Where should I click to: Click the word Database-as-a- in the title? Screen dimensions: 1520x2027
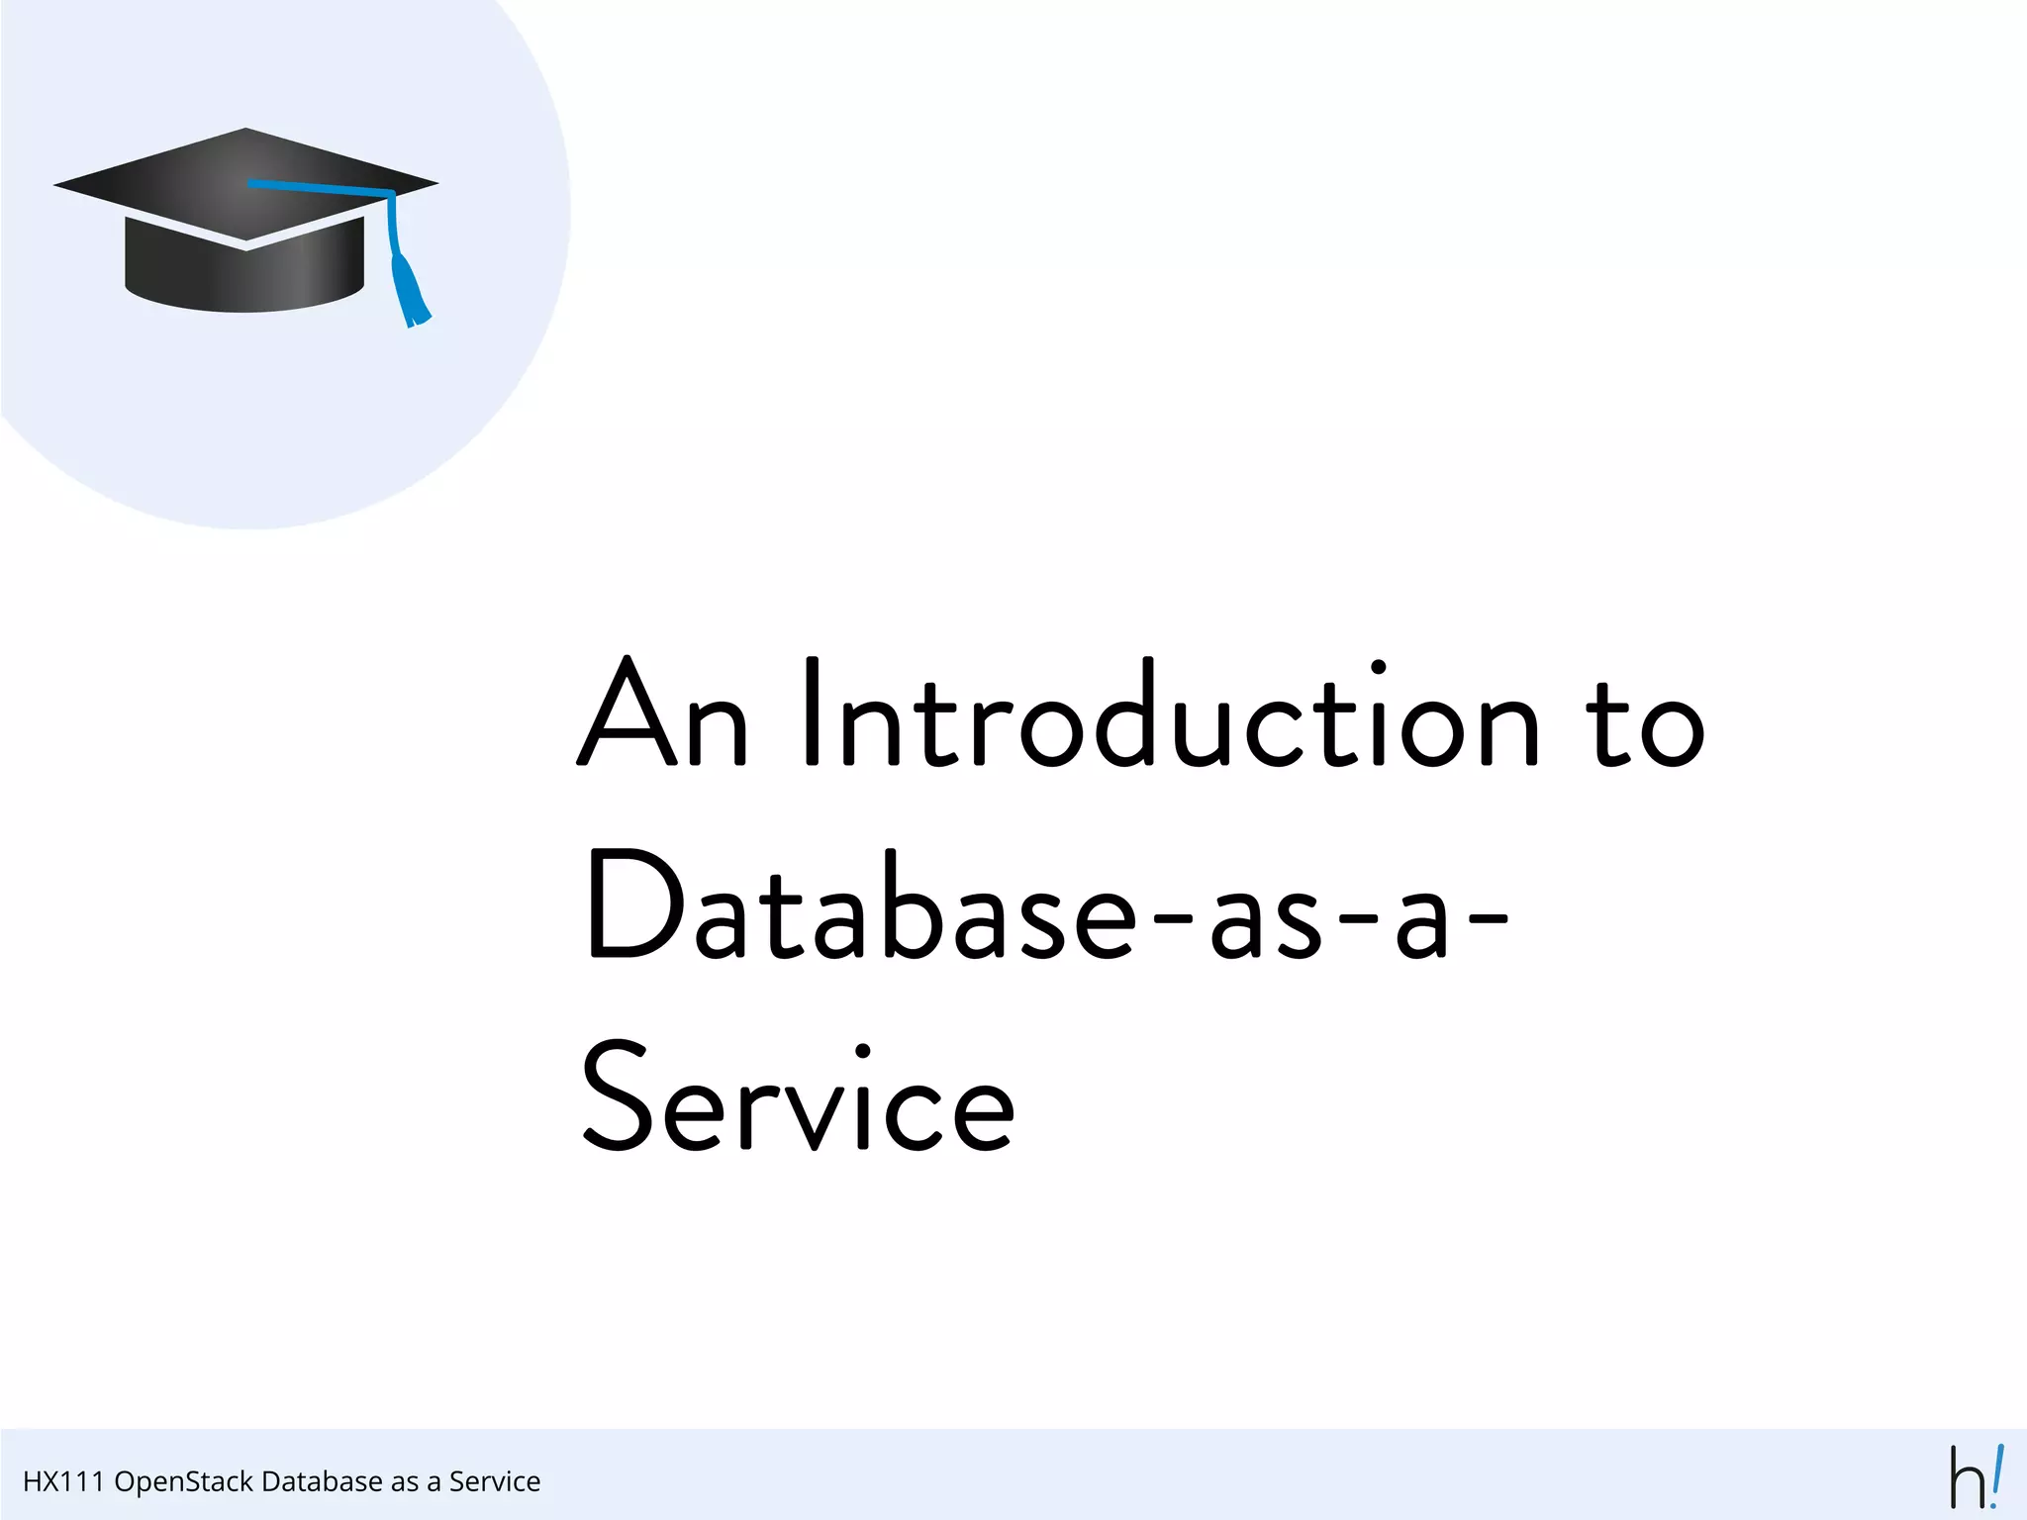pyautogui.click(x=1047, y=906)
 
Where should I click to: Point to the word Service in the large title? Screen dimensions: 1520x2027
pyautogui.click(x=798, y=1098)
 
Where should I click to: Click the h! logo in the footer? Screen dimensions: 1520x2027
pyautogui.click(x=1976, y=1477)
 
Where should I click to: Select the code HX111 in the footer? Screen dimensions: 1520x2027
pyautogui.click(x=62, y=1481)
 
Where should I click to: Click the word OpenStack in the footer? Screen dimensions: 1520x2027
pyautogui.click(x=183, y=1481)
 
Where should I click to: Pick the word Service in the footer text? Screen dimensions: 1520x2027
pyautogui.click(x=495, y=1481)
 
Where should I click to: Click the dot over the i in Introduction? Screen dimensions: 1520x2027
pyautogui.click(x=1377, y=668)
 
